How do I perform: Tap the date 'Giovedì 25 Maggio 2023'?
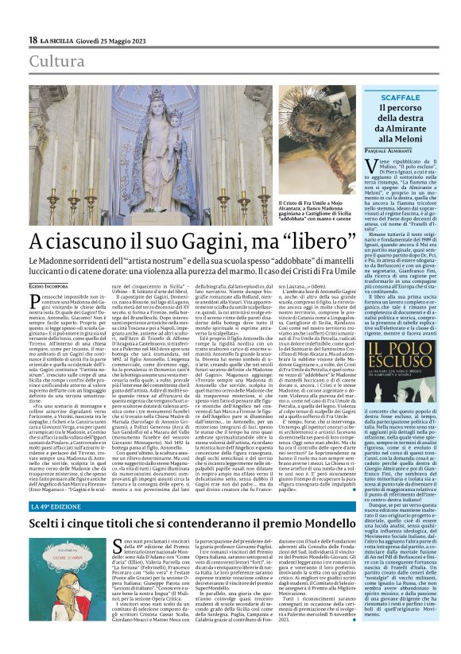point(103,41)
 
